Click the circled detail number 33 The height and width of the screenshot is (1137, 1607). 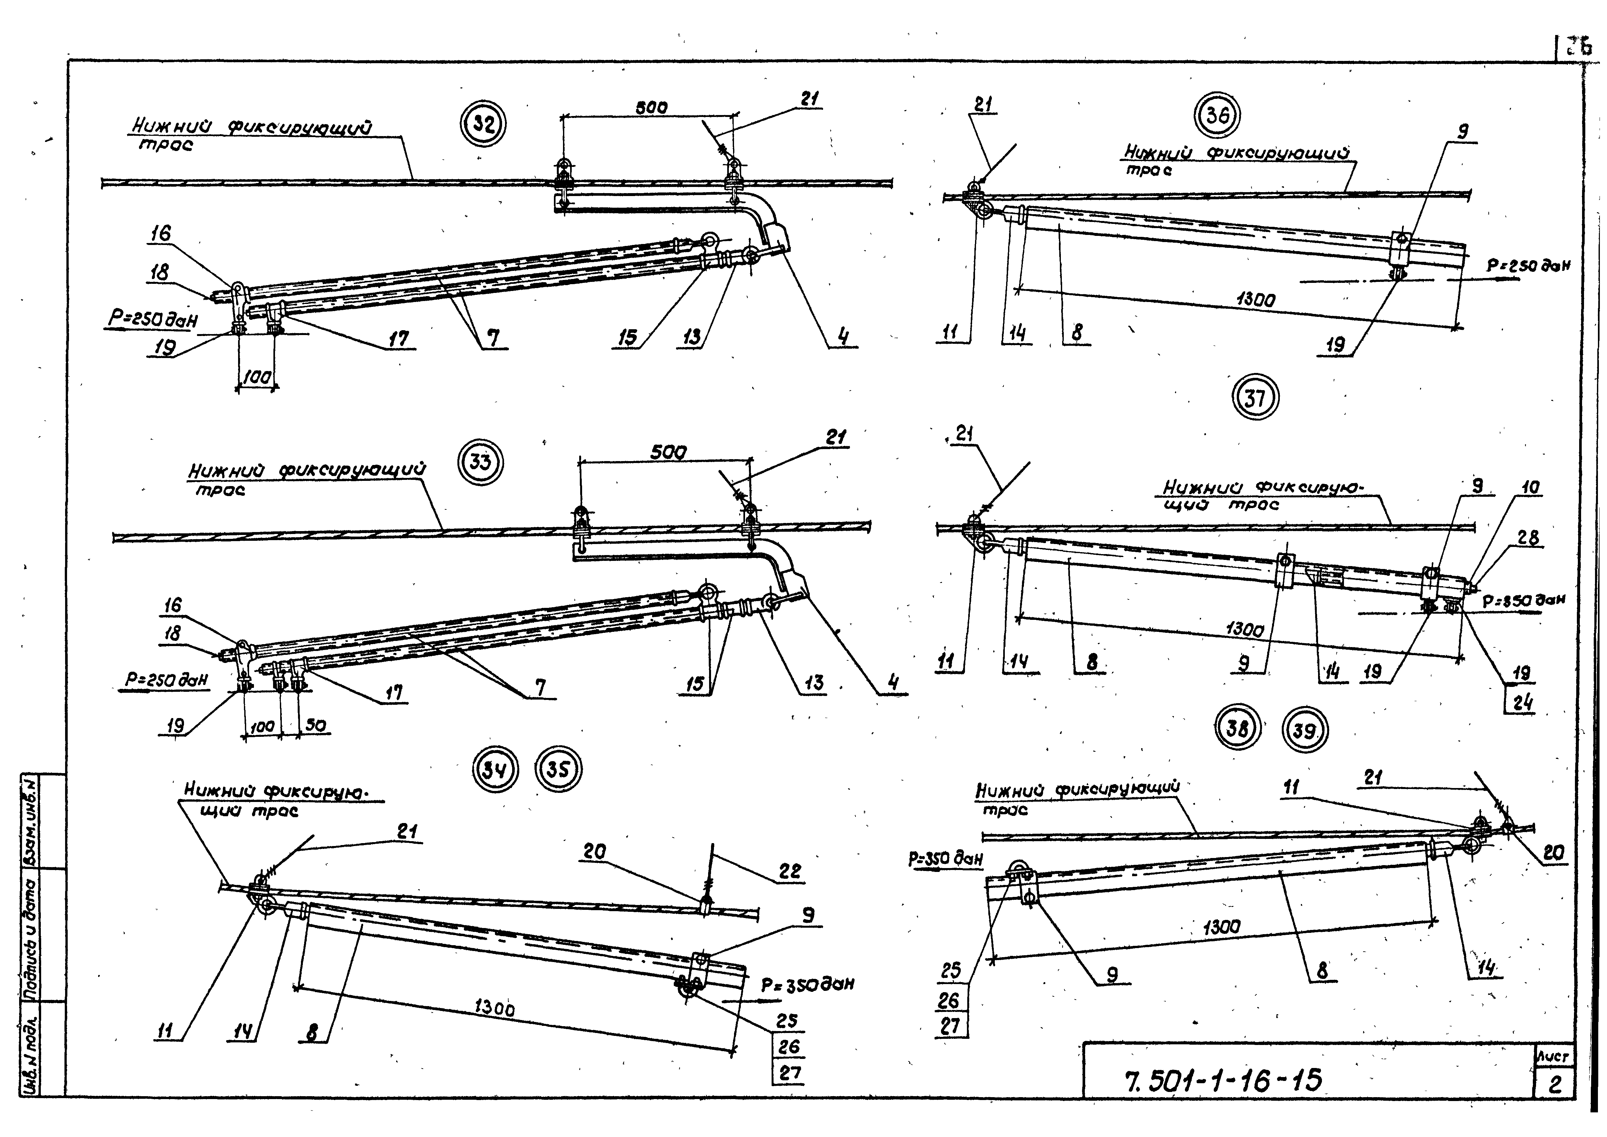click(x=480, y=462)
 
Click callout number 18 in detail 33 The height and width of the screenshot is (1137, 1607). click(x=172, y=633)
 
